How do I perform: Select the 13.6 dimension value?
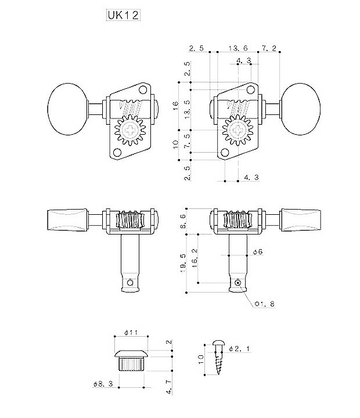click(238, 48)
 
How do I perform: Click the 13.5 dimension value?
click(186, 109)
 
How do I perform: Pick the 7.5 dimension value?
click(186, 141)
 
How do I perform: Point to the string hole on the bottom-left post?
click(132, 282)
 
